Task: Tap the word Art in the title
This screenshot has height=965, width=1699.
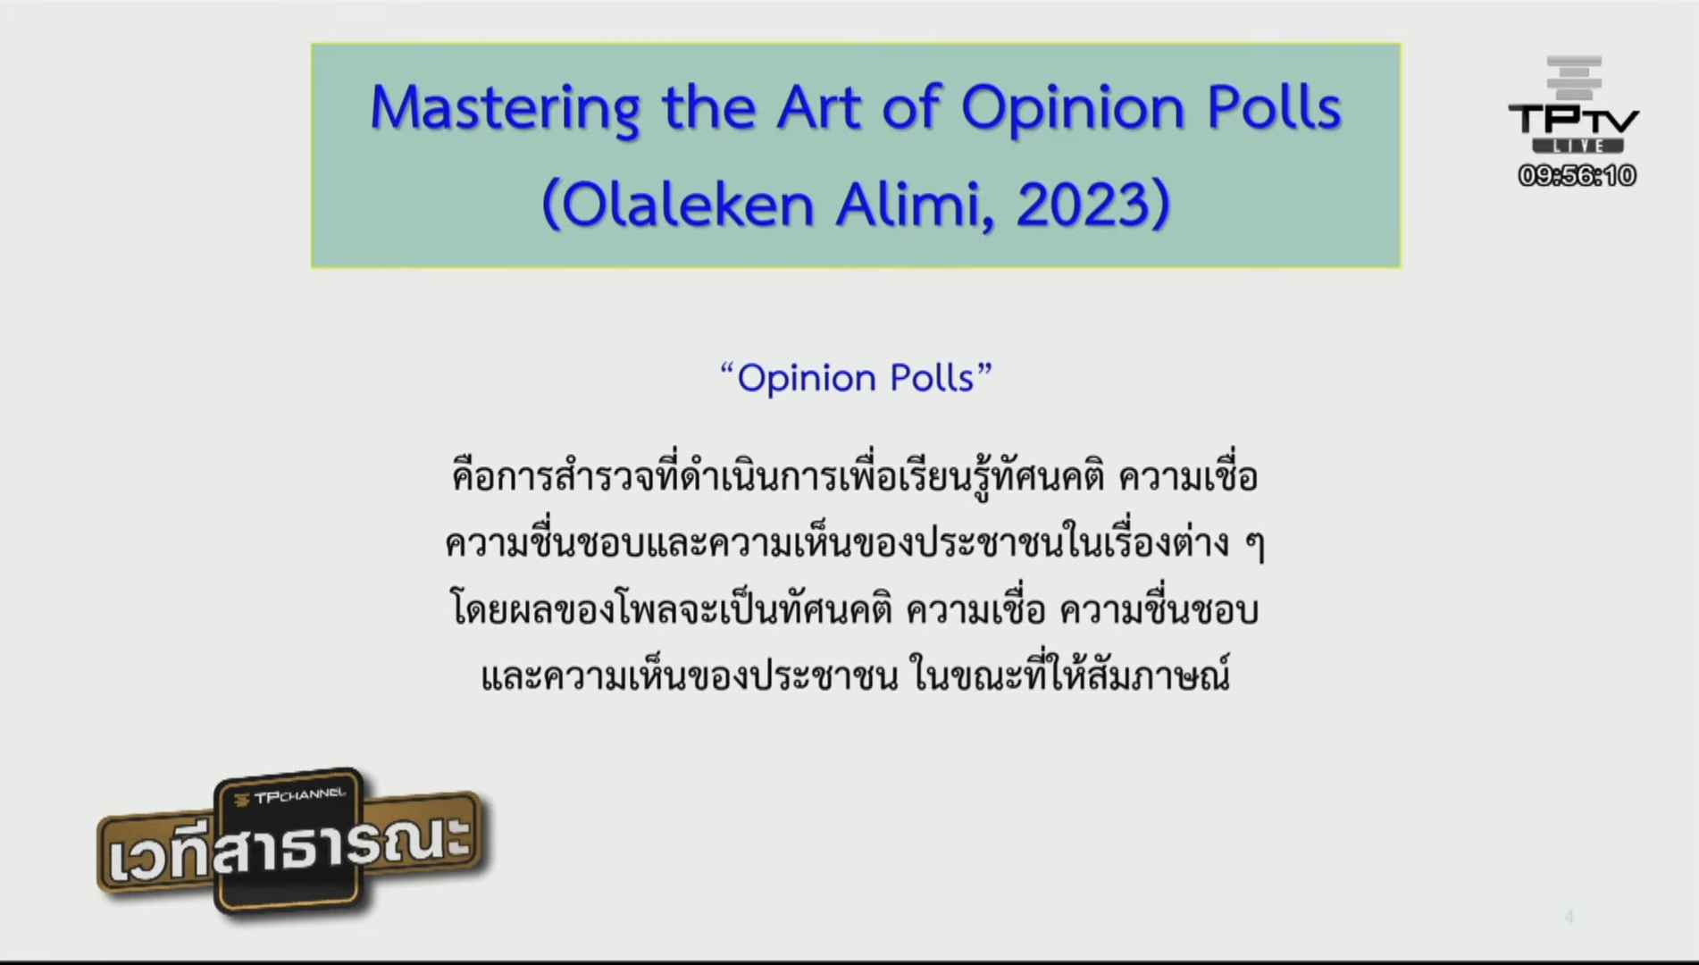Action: [818, 107]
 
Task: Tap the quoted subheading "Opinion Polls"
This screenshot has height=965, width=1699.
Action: [856, 378]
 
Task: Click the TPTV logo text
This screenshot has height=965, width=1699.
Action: [1574, 120]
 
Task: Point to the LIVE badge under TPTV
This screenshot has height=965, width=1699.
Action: [1578, 146]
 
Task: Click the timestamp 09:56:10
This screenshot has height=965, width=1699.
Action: [1577, 175]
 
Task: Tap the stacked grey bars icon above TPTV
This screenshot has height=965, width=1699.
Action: [1574, 78]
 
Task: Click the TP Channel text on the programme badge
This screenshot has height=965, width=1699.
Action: [289, 795]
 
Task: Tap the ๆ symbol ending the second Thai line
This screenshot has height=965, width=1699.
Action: [1255, 544]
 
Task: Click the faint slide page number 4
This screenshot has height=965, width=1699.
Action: [1569, 917]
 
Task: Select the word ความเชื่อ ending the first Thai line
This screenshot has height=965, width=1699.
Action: [1188, 476]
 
